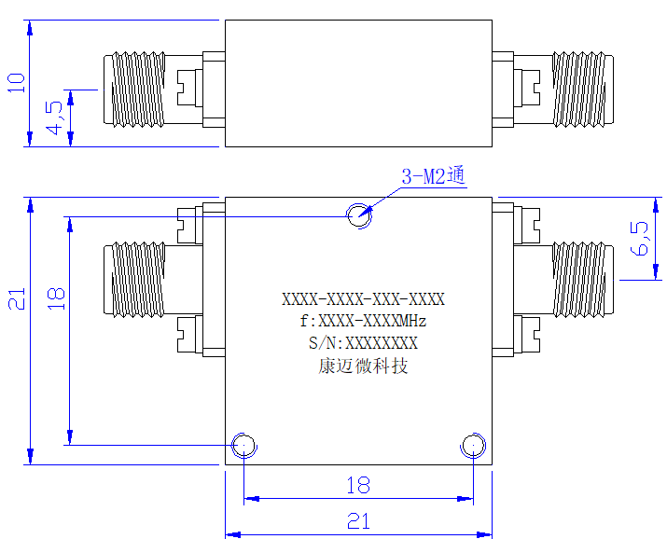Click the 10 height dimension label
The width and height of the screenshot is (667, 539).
click(17, 83)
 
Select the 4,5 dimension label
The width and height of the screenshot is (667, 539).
click(55, 118)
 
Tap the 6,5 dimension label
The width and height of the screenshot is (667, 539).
click(640, 239)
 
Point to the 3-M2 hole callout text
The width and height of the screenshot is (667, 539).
click(434, 175)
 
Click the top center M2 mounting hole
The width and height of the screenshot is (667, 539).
click(359, 215)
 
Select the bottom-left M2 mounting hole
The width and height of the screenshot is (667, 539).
click(244, 445)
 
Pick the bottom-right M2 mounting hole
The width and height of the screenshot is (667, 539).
click(474, 445)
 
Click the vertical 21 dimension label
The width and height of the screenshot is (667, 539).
click(17, 298)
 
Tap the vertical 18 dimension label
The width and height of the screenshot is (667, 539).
click(56, 298)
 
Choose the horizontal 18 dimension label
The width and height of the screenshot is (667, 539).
click(358, 485)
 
